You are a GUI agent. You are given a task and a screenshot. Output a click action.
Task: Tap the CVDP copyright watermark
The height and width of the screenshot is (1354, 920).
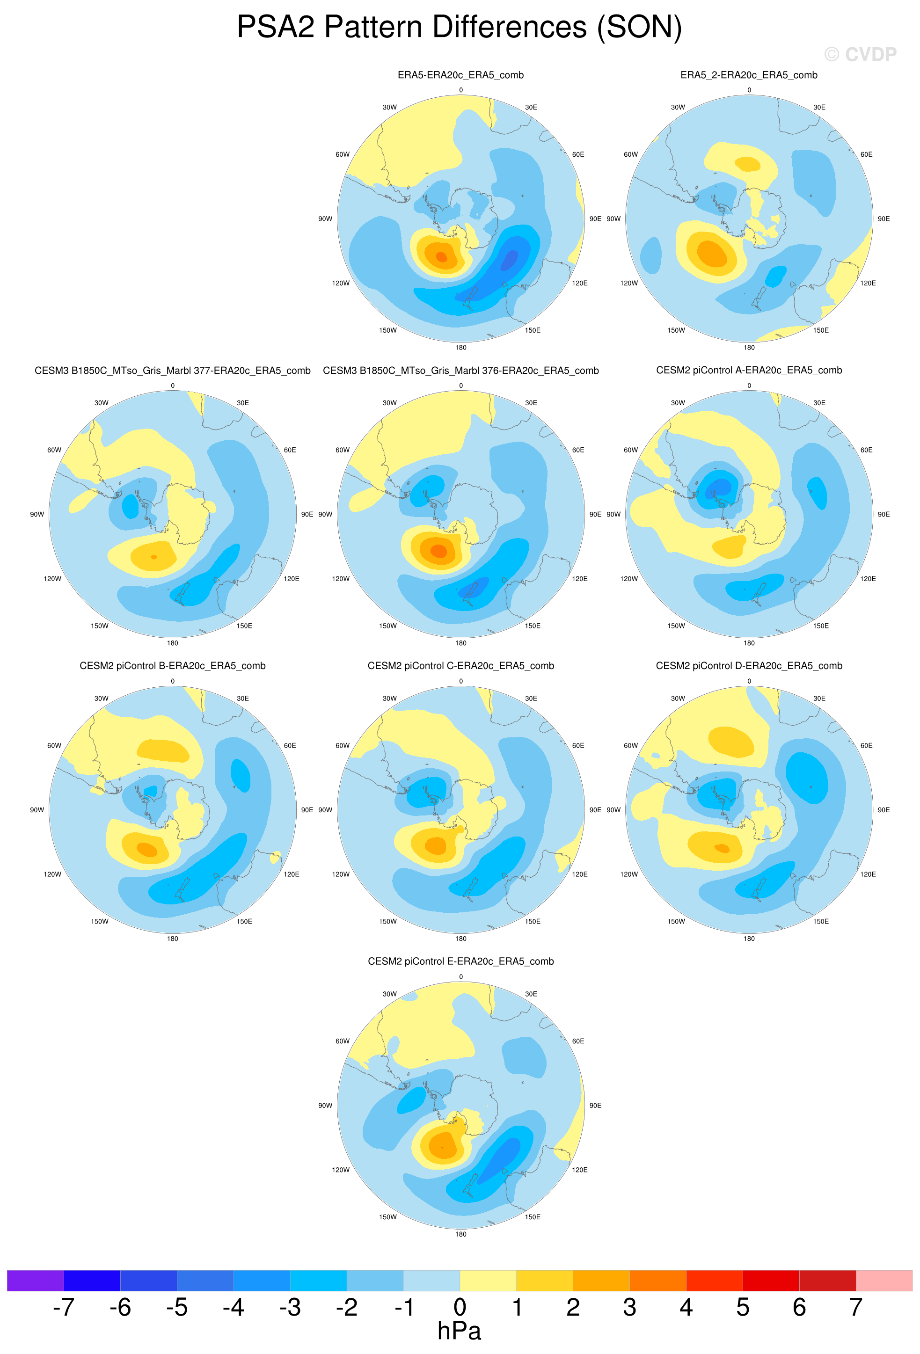coord(860,54)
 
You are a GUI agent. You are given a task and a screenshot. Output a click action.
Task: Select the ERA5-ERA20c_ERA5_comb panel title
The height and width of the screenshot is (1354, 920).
coord(460,75)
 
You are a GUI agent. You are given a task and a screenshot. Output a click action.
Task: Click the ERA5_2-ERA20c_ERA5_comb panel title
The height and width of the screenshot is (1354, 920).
coord(749,75)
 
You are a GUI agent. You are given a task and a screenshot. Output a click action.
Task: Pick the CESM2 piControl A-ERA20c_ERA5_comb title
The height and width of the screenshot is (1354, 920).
coord(749,371)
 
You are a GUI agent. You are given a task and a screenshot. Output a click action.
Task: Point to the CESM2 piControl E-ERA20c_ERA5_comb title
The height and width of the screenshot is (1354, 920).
coord(460,961)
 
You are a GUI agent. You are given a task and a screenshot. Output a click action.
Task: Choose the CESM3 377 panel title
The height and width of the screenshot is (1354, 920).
coord(173,371)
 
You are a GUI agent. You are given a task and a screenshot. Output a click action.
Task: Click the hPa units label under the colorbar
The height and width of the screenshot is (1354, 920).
coord(459,1331)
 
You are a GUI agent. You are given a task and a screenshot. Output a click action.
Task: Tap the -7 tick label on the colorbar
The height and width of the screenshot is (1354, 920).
coord(64,1307)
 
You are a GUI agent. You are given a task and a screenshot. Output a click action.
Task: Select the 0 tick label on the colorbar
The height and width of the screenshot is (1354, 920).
coord(460,1307)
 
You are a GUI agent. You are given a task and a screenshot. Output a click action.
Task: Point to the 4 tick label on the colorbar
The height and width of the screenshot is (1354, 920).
coord(686,1307)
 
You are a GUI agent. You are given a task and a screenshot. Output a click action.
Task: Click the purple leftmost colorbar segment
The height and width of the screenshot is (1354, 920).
coord(35,1281)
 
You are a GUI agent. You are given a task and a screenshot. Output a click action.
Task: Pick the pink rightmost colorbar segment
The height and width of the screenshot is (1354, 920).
coord(884,1281)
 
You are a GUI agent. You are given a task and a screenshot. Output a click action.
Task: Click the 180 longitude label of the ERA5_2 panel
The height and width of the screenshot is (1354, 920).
coord(749,348)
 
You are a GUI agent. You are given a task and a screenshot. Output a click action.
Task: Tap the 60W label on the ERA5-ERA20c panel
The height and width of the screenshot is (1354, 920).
coord(343,154)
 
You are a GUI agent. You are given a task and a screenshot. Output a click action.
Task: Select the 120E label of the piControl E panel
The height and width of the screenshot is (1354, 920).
coord(580,1170)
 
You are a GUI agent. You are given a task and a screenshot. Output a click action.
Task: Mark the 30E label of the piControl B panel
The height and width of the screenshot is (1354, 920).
coord(243,699)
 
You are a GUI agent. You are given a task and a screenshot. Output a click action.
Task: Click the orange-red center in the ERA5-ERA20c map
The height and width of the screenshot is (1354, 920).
coord(442,257)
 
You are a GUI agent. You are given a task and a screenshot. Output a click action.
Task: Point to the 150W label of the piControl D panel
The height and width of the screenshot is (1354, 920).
coord(676,922)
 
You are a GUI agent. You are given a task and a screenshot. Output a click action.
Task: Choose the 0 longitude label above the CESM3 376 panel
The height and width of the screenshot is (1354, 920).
coord(461,386)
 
